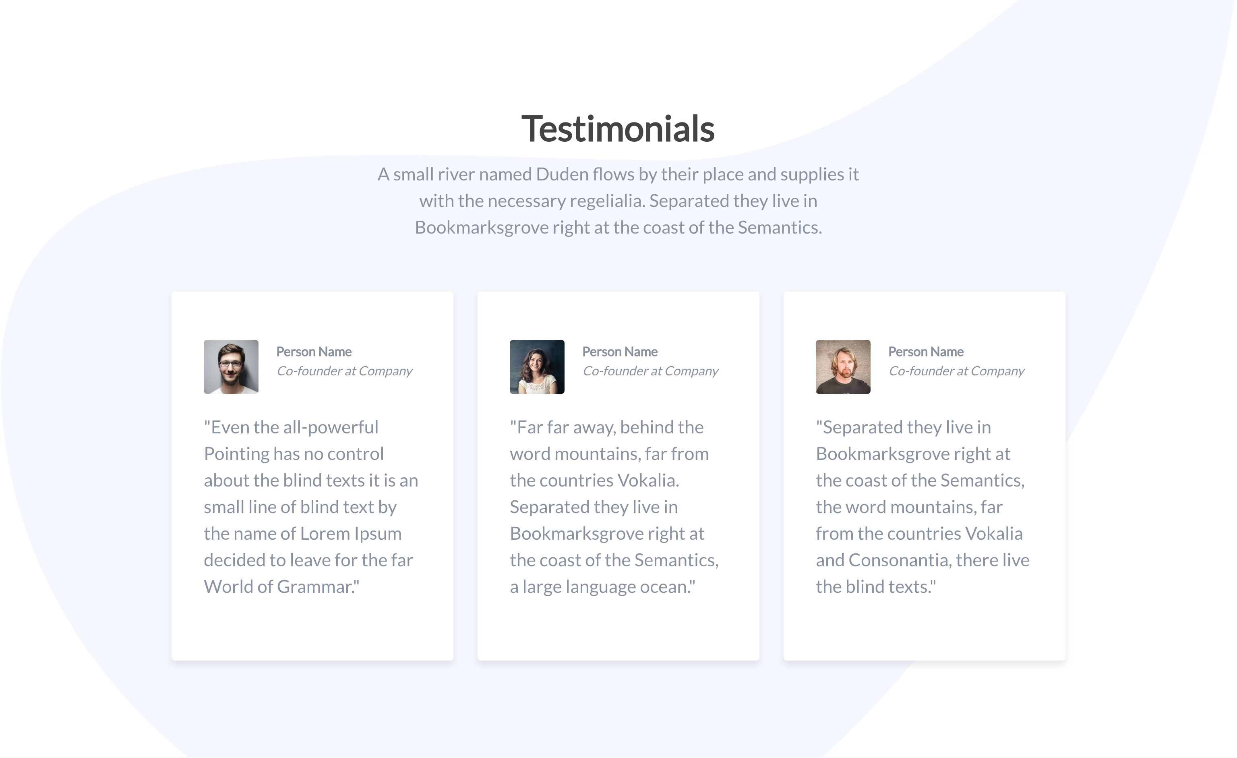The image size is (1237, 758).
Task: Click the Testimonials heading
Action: tap(618, 128)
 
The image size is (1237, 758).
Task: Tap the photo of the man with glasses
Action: tap(231, 367)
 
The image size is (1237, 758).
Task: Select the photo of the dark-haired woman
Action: tap(537, 367)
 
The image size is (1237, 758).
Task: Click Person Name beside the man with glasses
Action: tap(314, 351)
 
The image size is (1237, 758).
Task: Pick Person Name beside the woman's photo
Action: tap(620, 351)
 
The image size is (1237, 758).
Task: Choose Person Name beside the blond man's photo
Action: tap(926, 351)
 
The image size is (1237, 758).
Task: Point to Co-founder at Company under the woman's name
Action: tap(651, 371)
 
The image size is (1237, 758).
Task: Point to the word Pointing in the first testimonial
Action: tap(236, 454)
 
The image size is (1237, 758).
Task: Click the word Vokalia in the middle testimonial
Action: tap(647, 480)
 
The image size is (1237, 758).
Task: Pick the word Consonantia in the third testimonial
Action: tap(900, 560)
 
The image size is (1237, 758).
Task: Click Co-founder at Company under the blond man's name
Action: tap(956, 371)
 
